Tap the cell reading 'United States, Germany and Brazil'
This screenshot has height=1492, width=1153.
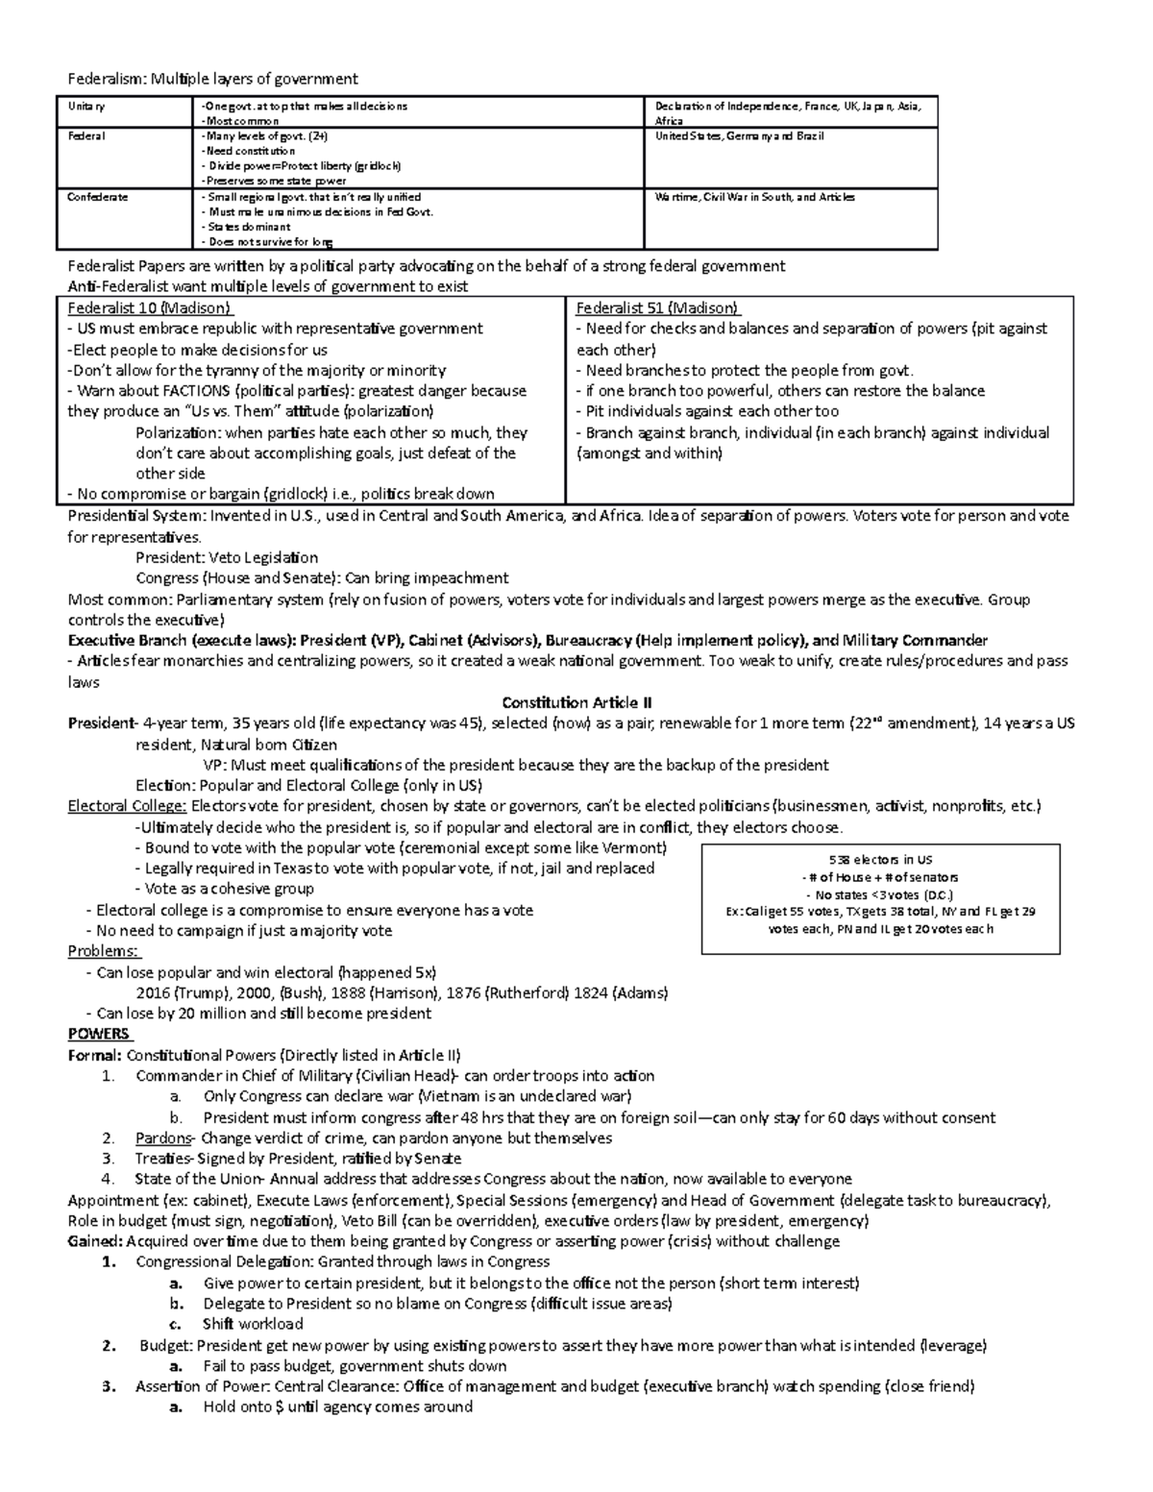tap(737, 136)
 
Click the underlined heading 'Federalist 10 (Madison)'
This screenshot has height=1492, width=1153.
tap(150, 308)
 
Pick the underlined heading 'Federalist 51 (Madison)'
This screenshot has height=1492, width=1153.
tap(657, 308)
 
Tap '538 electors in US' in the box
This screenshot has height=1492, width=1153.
tap(881, 860)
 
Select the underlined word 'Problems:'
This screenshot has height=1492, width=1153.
tap(103, 951)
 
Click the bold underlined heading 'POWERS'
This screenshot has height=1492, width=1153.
tap(99, 1034)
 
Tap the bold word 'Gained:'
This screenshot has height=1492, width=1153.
tap(94, 1241)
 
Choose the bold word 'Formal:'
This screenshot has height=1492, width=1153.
tap(95, 1055)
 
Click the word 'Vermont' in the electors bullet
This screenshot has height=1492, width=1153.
tap(631, 847)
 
